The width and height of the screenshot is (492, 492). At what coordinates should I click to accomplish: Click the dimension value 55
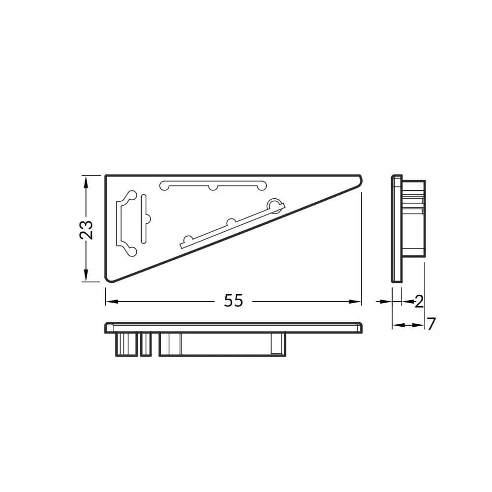click(233, 301)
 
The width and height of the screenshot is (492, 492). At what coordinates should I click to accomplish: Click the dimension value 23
click(86, 230)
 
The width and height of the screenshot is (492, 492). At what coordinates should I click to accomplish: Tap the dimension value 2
click(419, 302)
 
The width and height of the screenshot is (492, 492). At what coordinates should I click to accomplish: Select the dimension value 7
click(431, 324)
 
